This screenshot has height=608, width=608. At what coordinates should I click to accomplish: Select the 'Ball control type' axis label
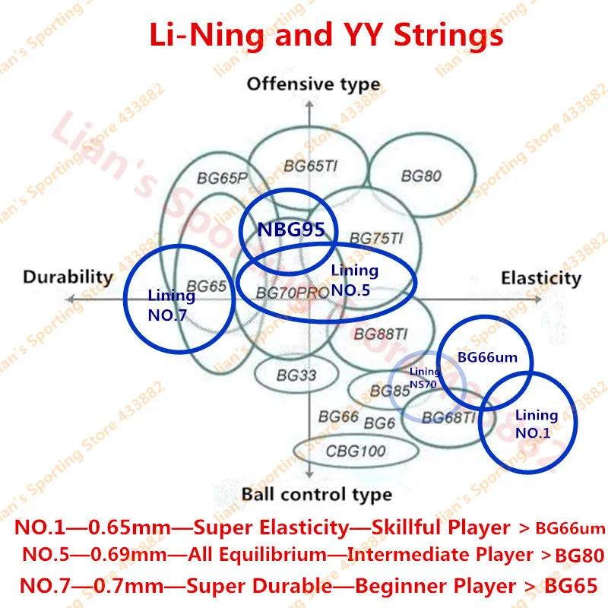pos(317,495)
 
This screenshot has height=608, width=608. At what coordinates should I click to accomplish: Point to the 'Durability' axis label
pos(68,277)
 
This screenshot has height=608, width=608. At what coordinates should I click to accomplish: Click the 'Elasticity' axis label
pos(540,278)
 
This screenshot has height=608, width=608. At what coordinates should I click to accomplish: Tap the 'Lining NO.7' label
pos(171,303)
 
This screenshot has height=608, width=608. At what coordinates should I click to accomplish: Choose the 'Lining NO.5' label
pos(355,279)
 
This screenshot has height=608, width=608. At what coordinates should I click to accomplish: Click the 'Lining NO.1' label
pos(537,424)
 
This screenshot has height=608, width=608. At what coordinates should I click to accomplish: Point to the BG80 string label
pos(421,176)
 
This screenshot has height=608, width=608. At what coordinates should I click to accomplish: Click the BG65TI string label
pos(310,164)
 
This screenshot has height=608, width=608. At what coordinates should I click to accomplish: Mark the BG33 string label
pos(296,374)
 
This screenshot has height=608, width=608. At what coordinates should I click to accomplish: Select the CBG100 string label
pos(356,451)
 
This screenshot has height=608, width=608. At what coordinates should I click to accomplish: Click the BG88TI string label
pos(382,334)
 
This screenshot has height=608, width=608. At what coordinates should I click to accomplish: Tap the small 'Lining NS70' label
pos(424,377)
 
